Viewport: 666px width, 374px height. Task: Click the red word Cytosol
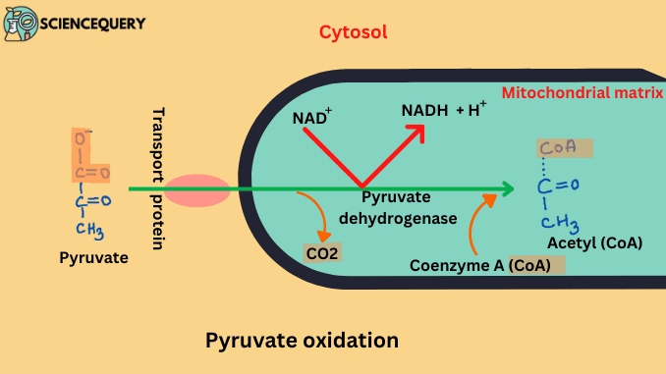pos(353,31)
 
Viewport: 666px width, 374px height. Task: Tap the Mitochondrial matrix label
pos(583,94)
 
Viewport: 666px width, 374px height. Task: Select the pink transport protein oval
pos(196,189)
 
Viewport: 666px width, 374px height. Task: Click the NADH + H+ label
pos(443,111)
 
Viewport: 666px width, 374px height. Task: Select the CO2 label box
pos(323,252)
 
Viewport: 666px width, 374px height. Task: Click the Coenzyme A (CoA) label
pos(487,264)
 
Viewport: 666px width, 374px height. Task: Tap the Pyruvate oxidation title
pos(302,341)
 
